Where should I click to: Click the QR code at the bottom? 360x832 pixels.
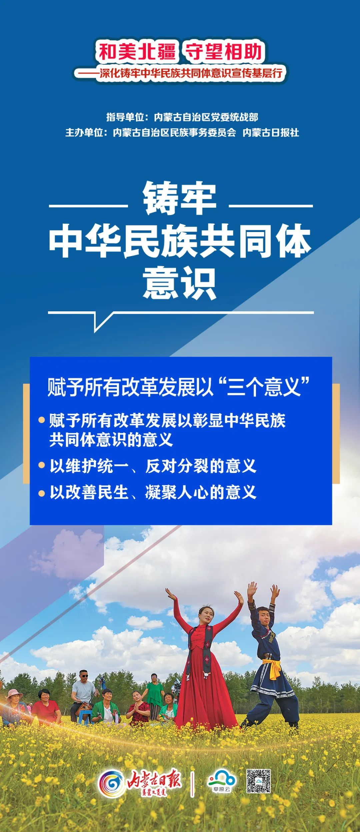coord(258,781)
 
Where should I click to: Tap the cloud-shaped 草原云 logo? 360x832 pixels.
coord(221,780)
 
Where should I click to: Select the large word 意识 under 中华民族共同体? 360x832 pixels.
coord(180,283)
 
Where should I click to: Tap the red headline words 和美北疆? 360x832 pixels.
coord(137,52)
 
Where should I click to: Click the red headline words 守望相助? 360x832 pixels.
coord(224,52)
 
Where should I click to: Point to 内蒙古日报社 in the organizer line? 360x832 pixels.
coord(271,133)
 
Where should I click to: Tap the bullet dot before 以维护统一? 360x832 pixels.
coord(42,465)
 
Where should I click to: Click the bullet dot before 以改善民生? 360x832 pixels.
coord(42,493)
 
